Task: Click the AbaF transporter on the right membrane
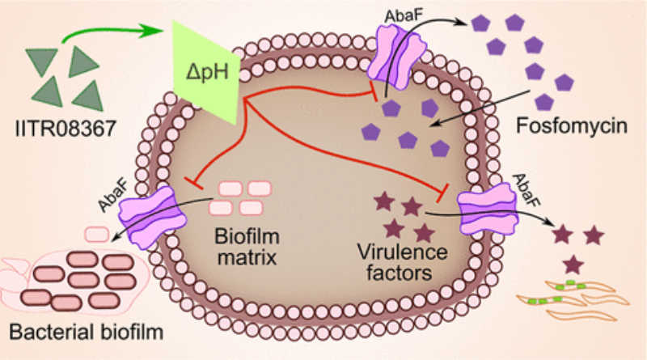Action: coord(482,208)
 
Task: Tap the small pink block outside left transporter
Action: coord(96,235)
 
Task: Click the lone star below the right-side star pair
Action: coord(574,264)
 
